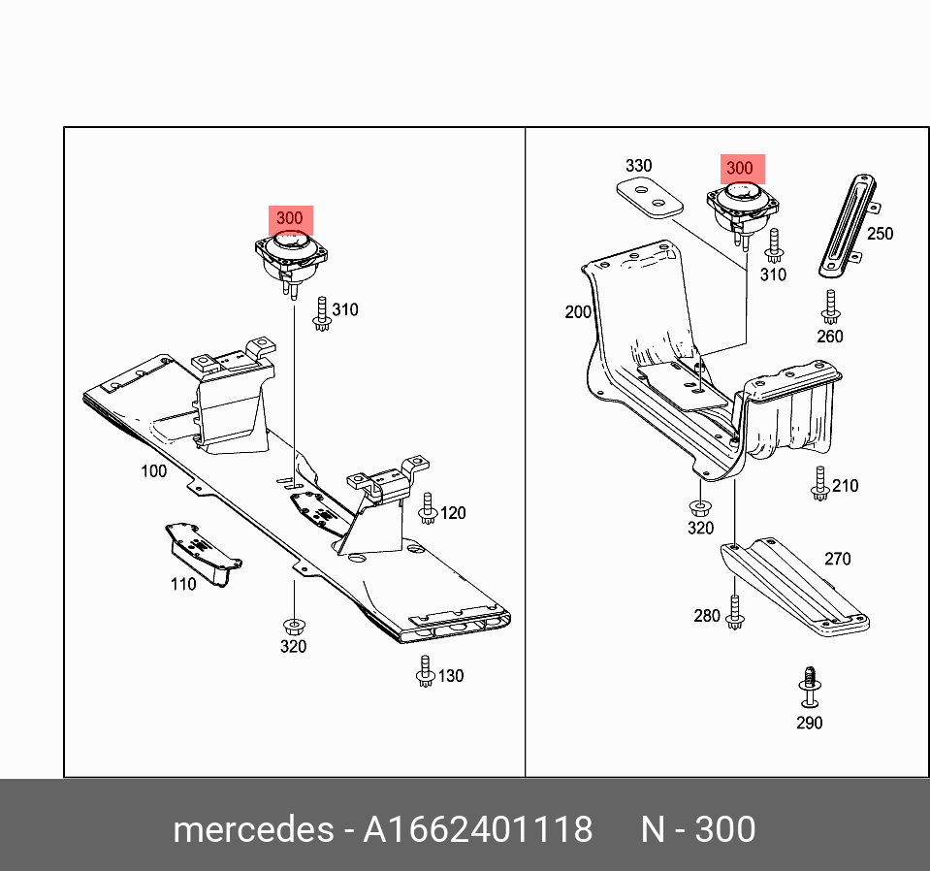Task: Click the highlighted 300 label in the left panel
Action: pos(289,218)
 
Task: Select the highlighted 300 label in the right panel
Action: pos(739,168)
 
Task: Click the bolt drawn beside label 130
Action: pos(424,672)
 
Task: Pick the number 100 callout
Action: pos(153,471)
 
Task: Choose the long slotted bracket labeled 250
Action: pos(847,224)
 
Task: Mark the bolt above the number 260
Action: pos(829,307)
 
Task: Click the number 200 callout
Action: pos(578,312)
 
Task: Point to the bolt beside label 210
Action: pos(819,484)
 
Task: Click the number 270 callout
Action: pos(837,559)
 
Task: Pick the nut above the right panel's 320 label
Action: pos(699,506)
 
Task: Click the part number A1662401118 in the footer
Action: pos(477,830)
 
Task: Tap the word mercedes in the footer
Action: pos(251,830)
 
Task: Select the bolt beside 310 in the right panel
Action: pos(774,246)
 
